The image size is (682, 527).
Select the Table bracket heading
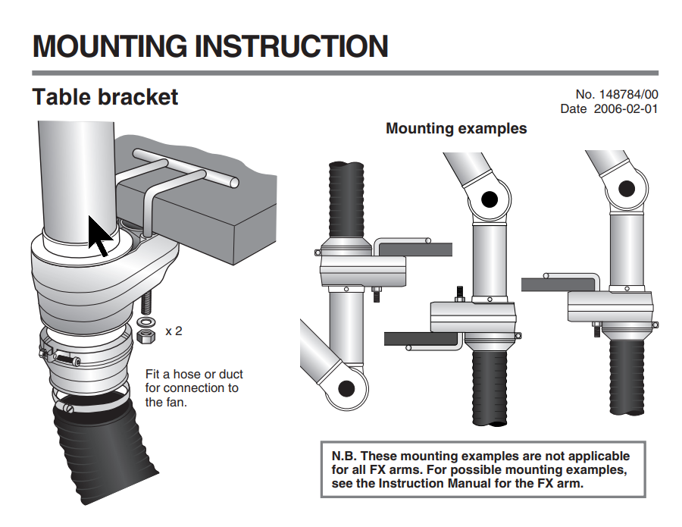click(105, 98)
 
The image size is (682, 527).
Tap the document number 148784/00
click(629, 95)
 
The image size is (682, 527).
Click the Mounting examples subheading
click(456, 128)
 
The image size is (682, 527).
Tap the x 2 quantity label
click(174, 331)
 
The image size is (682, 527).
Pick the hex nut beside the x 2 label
click(146, 334)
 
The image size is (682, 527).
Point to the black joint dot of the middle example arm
click(489, 199)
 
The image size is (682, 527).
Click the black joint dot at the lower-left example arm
click(346, 387)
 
